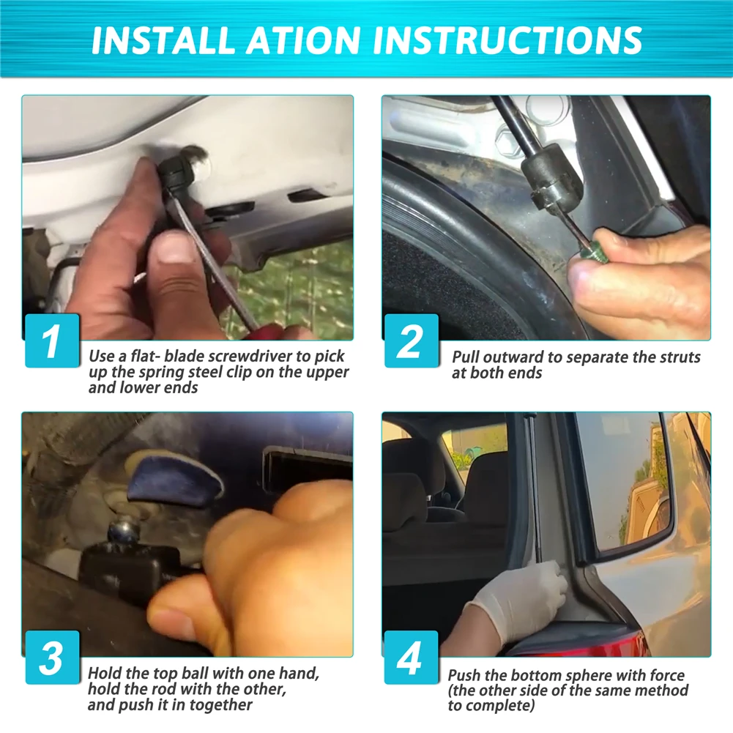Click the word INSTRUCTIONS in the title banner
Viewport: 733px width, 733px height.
(x=507, y=40)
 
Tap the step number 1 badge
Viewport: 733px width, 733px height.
(x=52, y=341)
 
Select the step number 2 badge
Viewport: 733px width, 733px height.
(x=412, y=341)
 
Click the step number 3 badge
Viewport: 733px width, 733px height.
(x=52, y=658)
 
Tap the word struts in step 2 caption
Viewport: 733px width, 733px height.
(x=678, y=357)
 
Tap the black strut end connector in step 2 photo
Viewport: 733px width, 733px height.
(x=552, y=179)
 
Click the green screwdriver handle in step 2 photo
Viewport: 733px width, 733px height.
(x=587, y=256)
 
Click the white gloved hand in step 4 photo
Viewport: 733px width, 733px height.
(x=519, y=601)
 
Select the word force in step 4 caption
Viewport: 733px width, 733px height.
(x=666, y=675)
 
